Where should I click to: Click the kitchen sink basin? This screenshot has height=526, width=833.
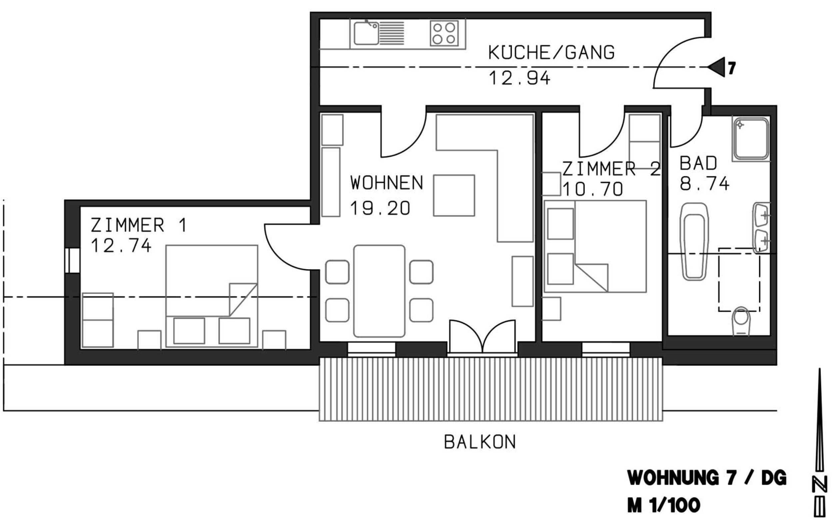(366, 33)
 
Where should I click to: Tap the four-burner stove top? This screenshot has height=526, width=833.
(444, 33)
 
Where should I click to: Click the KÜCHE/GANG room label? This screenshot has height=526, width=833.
(551, 53)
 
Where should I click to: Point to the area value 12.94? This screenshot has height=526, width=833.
(519, 78)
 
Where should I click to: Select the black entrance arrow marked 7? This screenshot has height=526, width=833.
(716, 67)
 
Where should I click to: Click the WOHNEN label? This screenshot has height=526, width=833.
(387, 183)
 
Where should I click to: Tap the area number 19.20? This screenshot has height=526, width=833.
(380, 208)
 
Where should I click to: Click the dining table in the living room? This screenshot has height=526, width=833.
(379, 291)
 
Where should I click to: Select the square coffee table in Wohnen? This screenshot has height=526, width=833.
(454, 196)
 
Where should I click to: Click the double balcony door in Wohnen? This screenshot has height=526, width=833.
(482, 336)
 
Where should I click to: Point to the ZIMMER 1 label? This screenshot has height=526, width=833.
(139, 225)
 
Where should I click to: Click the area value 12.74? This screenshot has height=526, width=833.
(121, 246)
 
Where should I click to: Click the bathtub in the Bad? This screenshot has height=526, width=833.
(694, 242)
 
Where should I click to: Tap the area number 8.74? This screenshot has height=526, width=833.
(705, 184)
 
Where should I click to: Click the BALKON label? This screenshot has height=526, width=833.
(480, 442)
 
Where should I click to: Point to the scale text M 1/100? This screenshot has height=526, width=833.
(663, 506)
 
